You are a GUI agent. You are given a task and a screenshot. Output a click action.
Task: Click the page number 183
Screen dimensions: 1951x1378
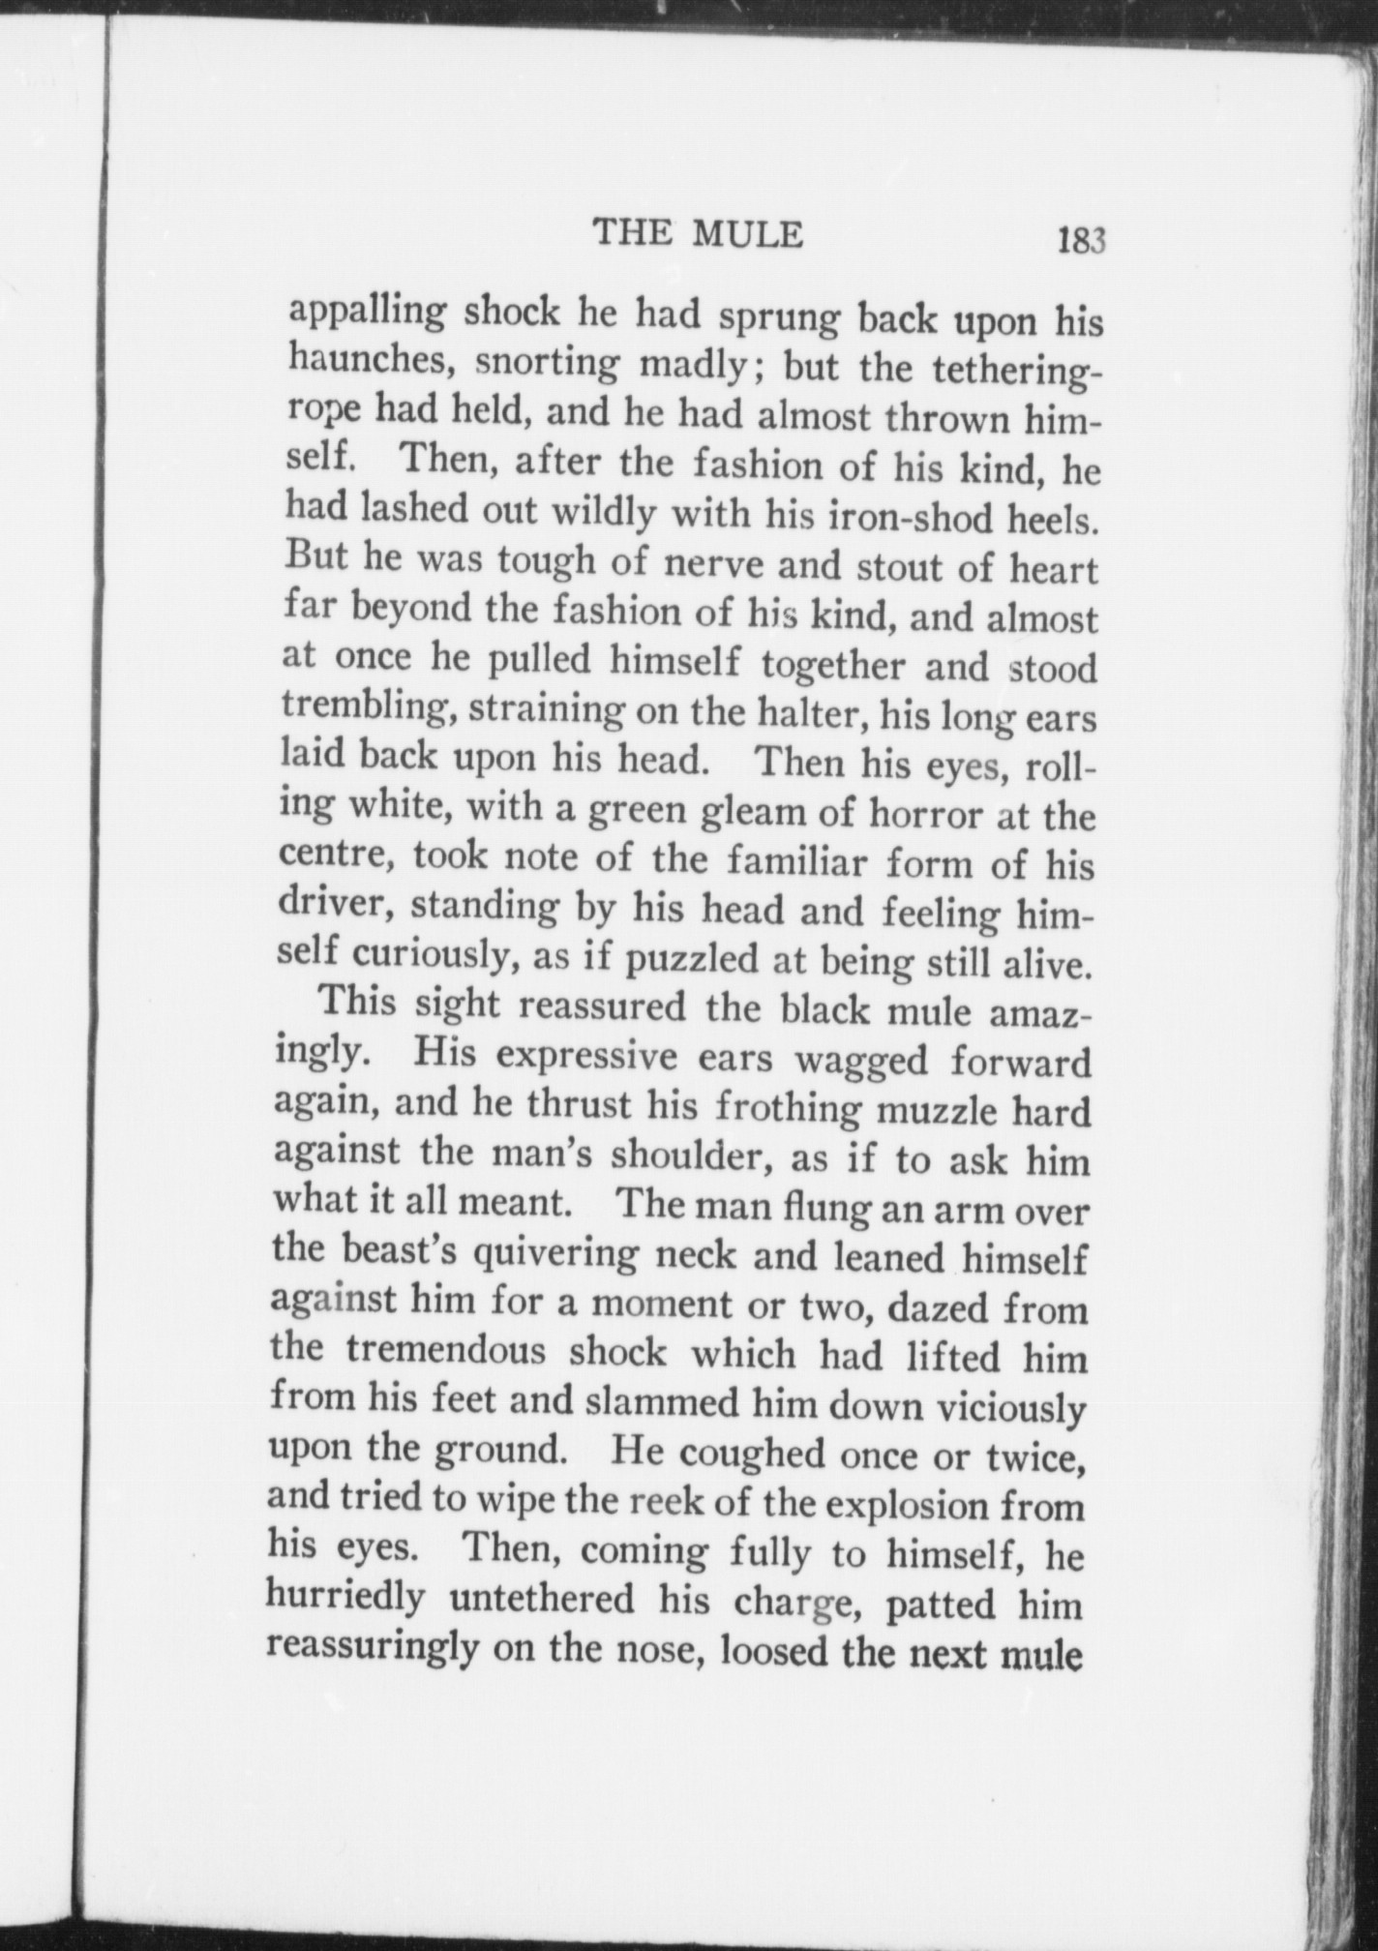(x=1080, y=239)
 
